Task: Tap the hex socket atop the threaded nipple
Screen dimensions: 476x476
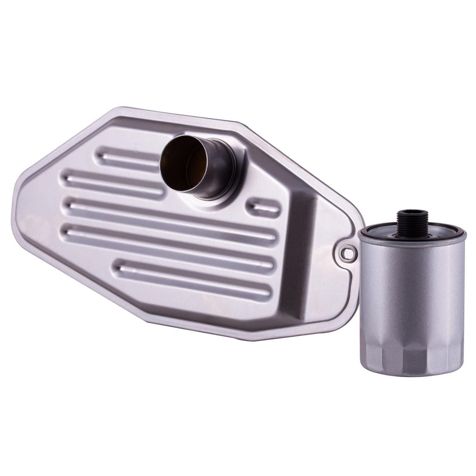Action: pos(407,213)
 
